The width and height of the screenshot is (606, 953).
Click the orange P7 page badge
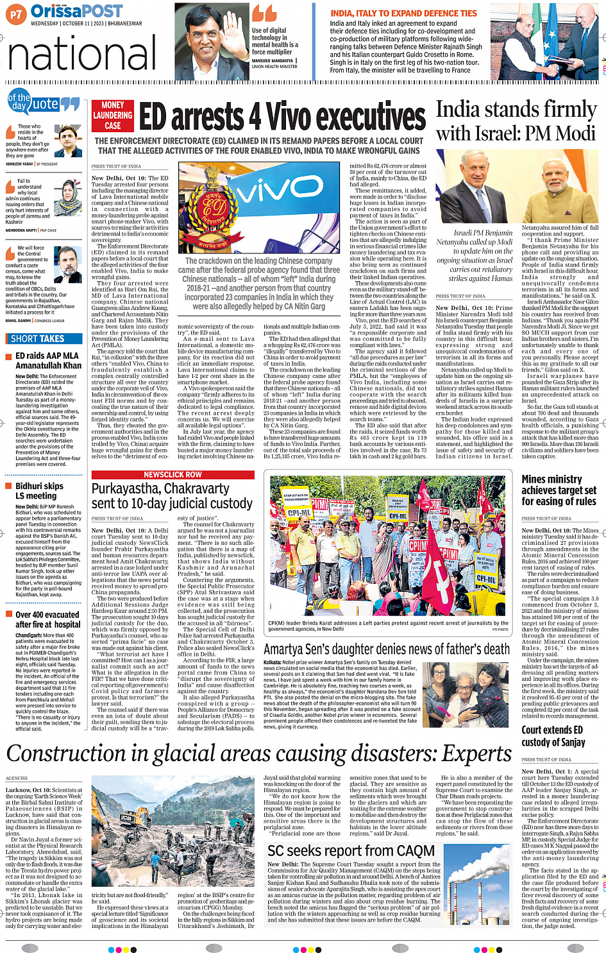click(x=16, y=13)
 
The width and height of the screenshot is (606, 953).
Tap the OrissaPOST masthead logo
click(x=76, y=12)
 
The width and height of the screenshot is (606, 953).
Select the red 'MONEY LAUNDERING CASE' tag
click(x=112, y=116)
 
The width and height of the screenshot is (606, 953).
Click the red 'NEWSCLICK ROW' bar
click(x=173, y=475)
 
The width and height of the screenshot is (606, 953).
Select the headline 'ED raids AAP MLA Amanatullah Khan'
click(x=48, y=361)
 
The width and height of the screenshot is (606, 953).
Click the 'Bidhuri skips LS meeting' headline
click(x=40, y=491)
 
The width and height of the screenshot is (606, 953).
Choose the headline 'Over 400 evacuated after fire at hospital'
click(x=47, y=619)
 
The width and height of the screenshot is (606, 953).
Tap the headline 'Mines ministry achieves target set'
click(x=559, y=490)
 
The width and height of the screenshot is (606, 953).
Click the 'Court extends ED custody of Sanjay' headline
click(x=552, y=736)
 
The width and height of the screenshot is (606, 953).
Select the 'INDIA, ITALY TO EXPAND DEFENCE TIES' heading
click(x=403, y=13)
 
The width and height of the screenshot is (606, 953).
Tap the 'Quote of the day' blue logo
click(x=43, y=103)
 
